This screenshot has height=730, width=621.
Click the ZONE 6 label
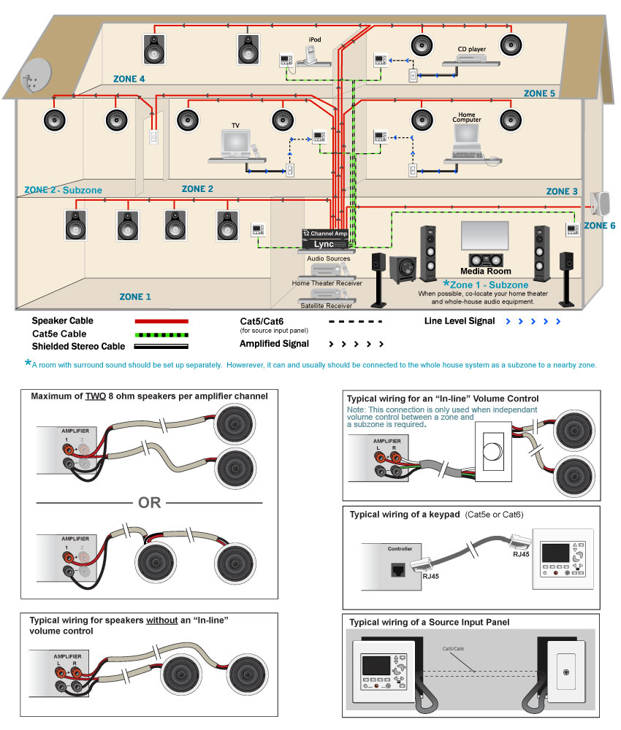[x=599, y=226]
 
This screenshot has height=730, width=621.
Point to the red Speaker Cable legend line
[x=161, y=320]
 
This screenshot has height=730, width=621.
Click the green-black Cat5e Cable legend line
[x=161, y=333]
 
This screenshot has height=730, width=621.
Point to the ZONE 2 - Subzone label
[x=63, y=190]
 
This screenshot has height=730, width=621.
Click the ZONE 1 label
[x=135, y=296]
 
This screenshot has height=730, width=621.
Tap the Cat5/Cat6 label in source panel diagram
[x=454, y=648]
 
